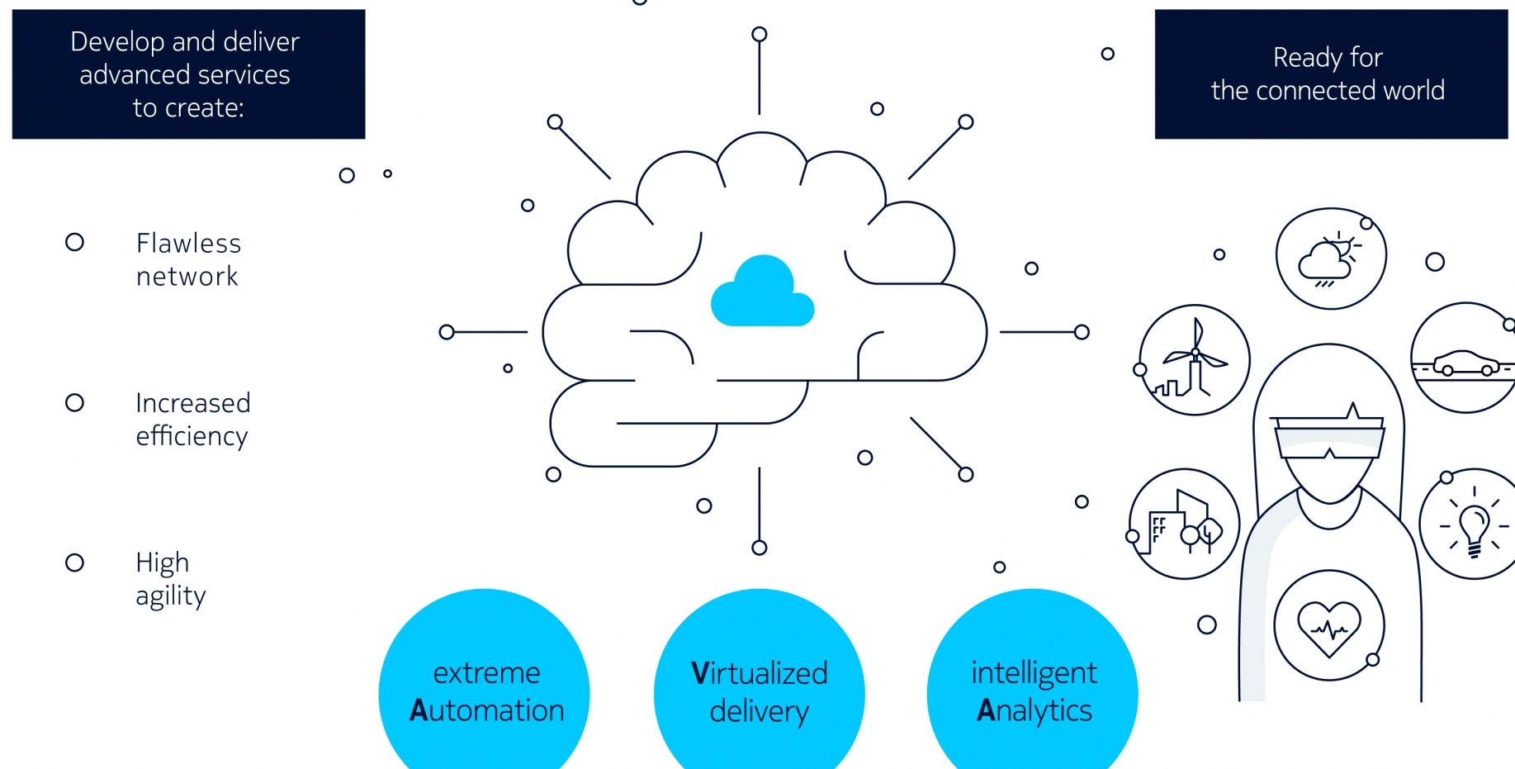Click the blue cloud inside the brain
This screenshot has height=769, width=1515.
pos(762,293)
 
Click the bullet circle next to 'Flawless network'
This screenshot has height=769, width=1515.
pos(74,242)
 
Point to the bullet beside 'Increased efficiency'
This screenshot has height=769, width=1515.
pos(74,402)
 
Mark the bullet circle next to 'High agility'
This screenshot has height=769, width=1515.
pos(74,563)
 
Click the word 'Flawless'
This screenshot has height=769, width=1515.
pos(188,243)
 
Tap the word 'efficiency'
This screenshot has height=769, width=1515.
pos(192,436)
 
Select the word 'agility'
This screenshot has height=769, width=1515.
pos(171,596)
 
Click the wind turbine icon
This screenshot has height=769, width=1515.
pos(1194,360)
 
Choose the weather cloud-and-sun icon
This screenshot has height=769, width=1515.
pos(1330,259)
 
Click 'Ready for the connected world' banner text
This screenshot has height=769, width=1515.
pos(1328,74)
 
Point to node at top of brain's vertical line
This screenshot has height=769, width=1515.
pos(759,34)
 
